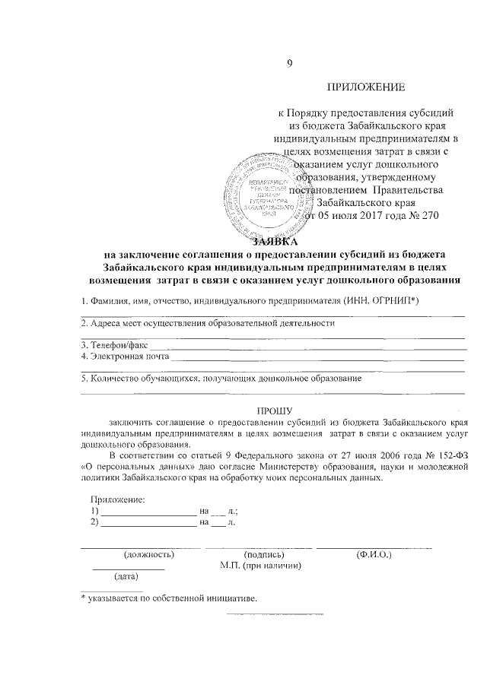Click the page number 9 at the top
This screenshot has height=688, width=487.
288,64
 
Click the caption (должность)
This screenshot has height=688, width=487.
149,555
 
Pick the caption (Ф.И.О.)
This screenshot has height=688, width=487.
373,555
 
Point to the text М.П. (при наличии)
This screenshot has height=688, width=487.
261,566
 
